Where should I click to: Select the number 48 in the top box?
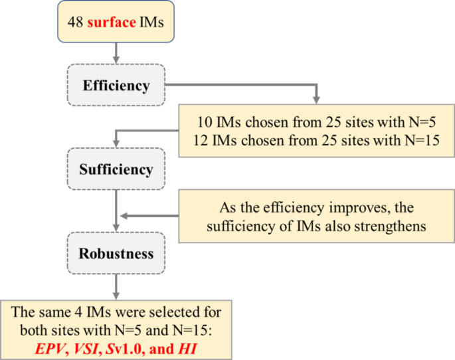(74, 21)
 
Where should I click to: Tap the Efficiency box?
(116, 86)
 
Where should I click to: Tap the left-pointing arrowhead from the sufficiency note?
(124, 215)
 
